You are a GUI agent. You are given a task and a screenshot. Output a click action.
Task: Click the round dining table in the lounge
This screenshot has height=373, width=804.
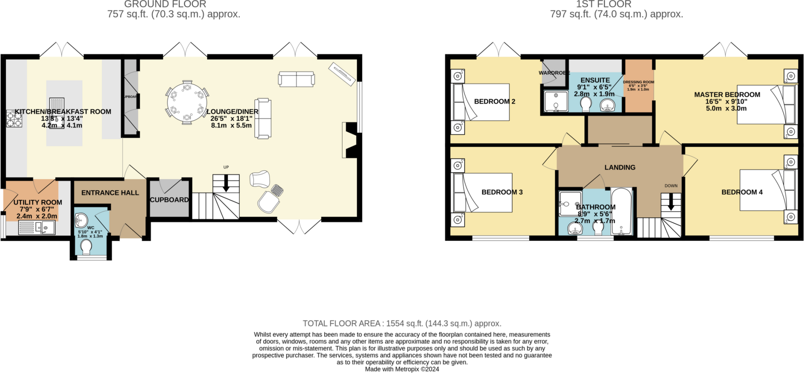[x=187, y=103]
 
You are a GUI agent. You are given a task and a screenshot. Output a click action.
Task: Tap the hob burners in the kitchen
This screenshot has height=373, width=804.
[x=14, y=118]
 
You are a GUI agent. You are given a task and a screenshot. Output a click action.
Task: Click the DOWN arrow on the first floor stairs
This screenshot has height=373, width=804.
[x=671, y=203]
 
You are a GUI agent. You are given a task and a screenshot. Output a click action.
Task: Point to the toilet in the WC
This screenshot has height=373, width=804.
[x=86, y=247]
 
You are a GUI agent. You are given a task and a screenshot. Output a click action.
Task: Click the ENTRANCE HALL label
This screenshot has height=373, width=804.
[x=110, y=193]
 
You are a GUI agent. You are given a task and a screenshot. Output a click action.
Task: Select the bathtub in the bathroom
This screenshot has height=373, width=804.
[x=622, y=211]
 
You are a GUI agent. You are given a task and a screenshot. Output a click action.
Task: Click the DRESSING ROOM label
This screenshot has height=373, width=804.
[x=638, y=82]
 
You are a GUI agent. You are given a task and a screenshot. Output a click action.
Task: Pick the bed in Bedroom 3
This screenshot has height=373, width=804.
[x=483, y=193]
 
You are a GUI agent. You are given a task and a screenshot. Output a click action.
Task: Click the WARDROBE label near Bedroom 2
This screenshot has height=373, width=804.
[x=554, y=73]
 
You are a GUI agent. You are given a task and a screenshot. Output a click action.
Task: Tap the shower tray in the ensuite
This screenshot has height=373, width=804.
[x=556, y=101]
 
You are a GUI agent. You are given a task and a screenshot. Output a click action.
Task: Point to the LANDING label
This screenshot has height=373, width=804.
[x=619, y=167]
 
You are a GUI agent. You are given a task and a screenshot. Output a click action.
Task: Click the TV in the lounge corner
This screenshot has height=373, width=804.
[x=342, y=73]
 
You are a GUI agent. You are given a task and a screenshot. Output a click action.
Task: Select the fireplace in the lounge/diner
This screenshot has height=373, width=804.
[x=349, y=140]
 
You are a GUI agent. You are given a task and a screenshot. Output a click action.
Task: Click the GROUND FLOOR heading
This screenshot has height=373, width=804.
[x=165, y=4]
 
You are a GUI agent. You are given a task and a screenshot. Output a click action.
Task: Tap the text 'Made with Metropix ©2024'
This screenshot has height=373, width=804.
[x=402, y=369]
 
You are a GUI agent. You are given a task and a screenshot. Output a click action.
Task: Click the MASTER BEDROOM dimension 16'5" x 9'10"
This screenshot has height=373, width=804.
[x=726, y=101]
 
